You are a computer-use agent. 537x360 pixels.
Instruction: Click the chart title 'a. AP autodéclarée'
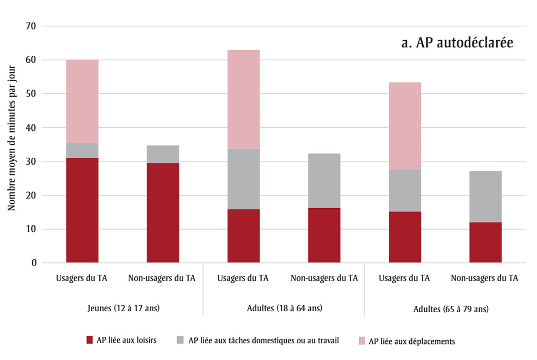coord(457,43)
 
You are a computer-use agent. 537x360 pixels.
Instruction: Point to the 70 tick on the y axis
coord(31,26)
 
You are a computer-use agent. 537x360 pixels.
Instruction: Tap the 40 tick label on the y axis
coord(31,128)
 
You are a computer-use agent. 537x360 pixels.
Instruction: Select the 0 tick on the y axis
coord(34,263)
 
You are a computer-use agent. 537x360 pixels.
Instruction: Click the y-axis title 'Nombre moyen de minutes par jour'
coord(11,144)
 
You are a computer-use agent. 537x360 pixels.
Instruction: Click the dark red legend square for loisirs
coord(90,340)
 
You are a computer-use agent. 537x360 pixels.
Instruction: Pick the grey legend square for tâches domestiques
coord(180,340)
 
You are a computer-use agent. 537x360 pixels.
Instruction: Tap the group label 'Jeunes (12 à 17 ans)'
coord(123,308)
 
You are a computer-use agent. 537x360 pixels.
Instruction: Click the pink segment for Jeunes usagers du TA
coord(82,101)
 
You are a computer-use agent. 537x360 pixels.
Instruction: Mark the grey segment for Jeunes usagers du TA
coord(82,150)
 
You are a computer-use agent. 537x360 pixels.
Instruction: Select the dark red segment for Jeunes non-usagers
coord(163,212)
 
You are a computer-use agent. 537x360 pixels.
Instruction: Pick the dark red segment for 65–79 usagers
coord(404,237)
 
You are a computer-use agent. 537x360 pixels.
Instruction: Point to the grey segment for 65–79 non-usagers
coord(485,196)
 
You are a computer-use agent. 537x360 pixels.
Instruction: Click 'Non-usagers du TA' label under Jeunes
coord(162,278)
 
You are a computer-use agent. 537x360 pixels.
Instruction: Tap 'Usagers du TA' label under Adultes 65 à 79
coord(404,278)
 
